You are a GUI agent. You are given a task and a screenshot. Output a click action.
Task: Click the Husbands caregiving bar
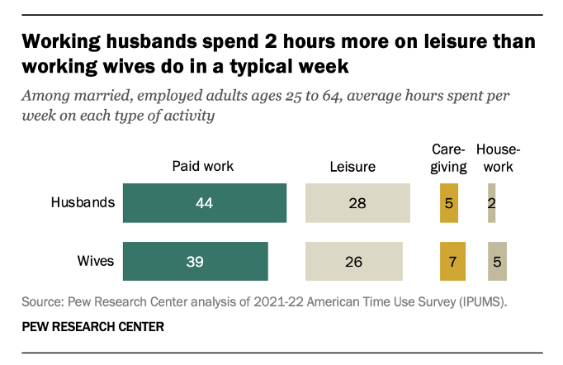[x=449, y=203]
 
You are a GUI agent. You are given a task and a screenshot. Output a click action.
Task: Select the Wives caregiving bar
[x=452, y=261]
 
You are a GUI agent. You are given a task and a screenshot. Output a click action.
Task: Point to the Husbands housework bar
[x=492, y=203]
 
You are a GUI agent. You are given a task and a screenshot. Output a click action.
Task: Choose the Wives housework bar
[x=497, y=261]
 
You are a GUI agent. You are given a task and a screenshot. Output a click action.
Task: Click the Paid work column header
[x=203, y=166]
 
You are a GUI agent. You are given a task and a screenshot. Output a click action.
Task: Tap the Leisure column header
[x=352, y=166]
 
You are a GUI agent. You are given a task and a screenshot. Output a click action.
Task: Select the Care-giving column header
[x=449, y=158]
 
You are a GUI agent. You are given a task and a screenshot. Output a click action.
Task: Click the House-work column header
[x=498, y=158]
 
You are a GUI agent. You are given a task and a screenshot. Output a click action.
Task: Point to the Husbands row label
[x=83, y=203]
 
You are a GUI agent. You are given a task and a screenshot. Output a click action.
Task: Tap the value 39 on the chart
[x=195, y=261]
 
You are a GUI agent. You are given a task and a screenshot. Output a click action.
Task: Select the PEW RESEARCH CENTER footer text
[x=92, y=327]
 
